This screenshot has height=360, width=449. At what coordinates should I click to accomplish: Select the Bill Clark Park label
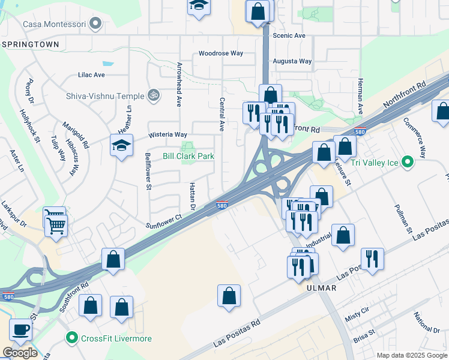188,156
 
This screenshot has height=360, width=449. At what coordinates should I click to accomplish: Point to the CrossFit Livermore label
116,338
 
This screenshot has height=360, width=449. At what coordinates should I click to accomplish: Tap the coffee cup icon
21,329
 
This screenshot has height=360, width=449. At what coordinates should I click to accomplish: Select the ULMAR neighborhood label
322,288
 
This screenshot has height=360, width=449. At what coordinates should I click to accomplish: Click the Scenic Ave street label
289,35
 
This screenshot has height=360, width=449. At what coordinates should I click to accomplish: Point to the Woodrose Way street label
221,53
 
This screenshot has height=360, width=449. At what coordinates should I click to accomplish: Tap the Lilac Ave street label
91,75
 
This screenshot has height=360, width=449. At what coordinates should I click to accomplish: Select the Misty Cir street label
357,317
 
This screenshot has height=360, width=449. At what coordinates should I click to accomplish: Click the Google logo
20,352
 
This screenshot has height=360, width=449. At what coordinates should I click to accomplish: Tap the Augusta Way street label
292,61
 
